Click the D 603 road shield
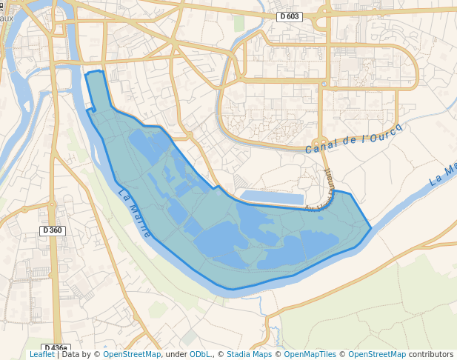(290, 16)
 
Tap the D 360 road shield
(53, 230)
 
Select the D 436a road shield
(56, 347)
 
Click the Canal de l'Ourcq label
(353, 139)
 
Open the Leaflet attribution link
(41, 354)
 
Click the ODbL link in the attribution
(199, 354)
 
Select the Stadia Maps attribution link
(249, 354)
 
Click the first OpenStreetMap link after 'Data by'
(132, 354)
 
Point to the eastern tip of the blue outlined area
(370, 228)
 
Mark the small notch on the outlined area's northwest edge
(91, 110)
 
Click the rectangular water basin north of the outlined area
(273, 197)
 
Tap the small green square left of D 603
(239, 23)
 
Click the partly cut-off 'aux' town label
(7, 19)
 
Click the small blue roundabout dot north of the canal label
(320, 140)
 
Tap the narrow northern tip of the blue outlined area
(94, 73)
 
